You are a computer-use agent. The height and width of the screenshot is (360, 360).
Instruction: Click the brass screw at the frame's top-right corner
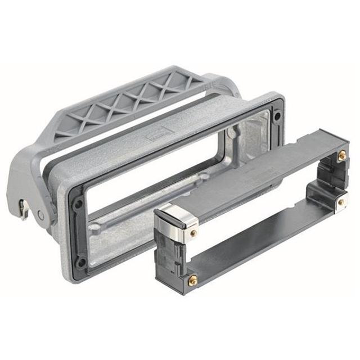coord(341,155)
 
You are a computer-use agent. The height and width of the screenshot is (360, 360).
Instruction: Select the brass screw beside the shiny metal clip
coord(194,232)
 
